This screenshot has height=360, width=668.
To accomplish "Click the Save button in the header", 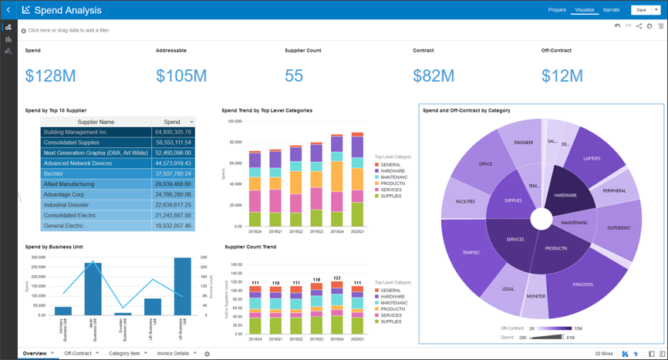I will pos(640,10).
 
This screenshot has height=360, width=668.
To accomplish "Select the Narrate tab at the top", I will pos(611,10).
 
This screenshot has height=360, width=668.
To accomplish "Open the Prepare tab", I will pos(557,10).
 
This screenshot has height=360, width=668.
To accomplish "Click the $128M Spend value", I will pos(50,76).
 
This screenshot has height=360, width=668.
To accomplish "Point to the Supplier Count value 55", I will pos(294,76).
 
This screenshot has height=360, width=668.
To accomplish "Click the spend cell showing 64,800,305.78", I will pos(172,132).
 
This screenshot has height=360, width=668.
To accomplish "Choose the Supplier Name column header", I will pos(96,122).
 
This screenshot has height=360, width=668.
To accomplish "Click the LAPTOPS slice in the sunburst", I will pos(592,158).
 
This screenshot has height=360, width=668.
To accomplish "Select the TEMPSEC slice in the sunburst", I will pos(471,252).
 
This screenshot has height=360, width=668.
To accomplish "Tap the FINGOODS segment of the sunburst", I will pos(583,284).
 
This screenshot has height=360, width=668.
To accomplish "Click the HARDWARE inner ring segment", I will pos(565,195).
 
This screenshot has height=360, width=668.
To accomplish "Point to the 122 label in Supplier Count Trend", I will pos(336,278).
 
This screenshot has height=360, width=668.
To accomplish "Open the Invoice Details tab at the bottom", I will pos(172,354).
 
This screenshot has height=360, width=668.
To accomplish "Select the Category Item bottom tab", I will pos(124,354).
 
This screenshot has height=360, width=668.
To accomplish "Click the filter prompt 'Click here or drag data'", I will pos(68,31).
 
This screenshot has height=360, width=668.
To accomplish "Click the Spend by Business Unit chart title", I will pos(54,247).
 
